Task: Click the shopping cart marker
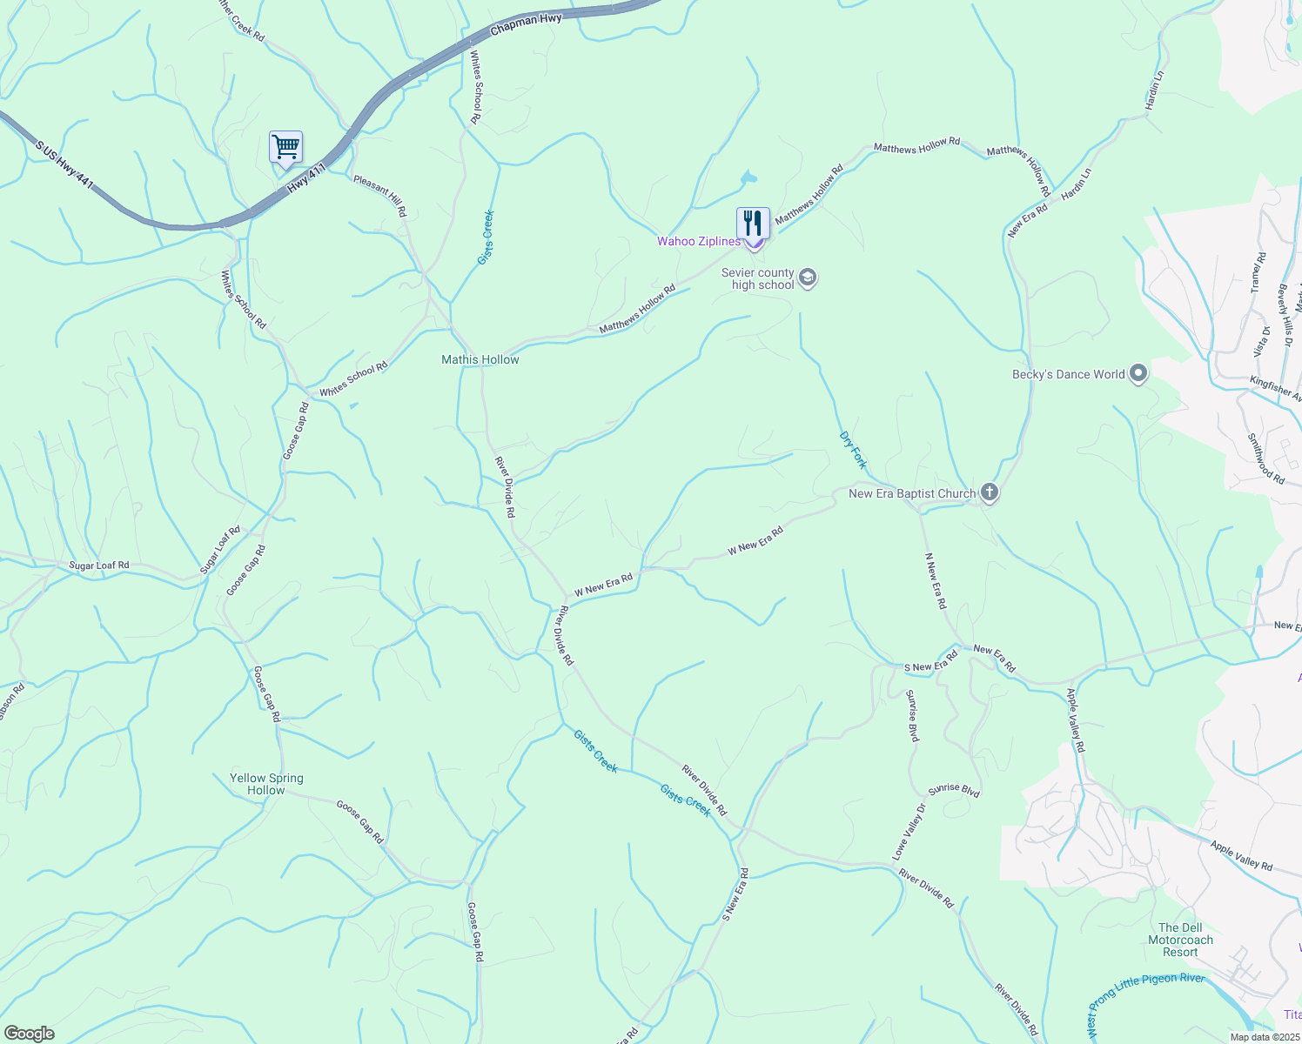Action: click(x=285, y=148)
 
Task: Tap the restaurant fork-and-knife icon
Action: click(x=753, y=224)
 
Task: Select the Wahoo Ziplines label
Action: click(x=698, y=241)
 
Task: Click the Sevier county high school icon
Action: click(x=807, y=278)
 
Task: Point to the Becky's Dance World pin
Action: click(x=1138, y=374)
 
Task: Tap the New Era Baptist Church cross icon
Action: click(x=989, y=493)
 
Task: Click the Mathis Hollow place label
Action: click(x=480, y=359)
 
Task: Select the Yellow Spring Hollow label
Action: click(x=266, y=784)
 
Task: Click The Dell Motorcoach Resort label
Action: click(x=1180, y=940)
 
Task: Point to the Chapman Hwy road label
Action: click(x=526, y=23)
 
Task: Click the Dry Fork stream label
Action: click(x=853, y=450)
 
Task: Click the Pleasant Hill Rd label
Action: click(x=379, y=196)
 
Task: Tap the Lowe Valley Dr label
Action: click(x=909, y=832)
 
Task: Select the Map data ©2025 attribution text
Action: click(x=1264, y=1037)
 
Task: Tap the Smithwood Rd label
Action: click(x=1265, y=458)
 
